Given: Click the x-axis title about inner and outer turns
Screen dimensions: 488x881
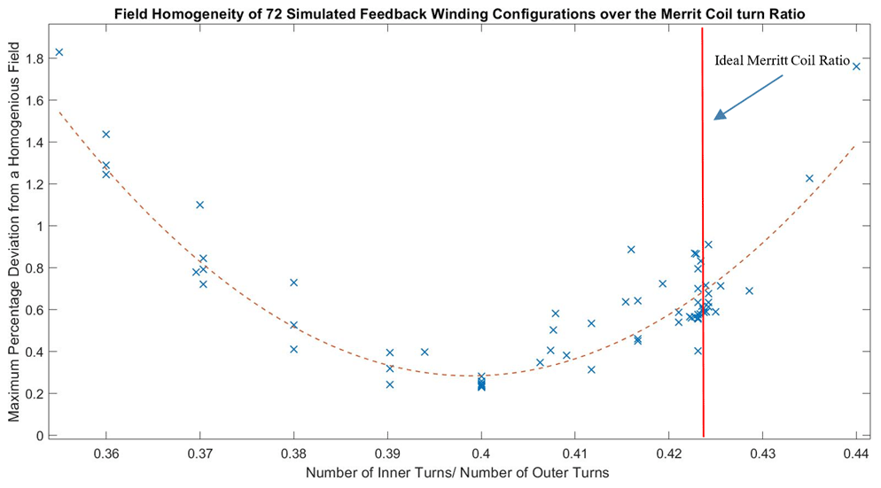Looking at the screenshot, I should coord(457,474).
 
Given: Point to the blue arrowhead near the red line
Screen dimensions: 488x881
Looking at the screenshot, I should coord(720,114).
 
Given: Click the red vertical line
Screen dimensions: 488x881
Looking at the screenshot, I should coord(703,266).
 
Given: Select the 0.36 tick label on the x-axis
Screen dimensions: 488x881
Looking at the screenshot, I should coord(106,453).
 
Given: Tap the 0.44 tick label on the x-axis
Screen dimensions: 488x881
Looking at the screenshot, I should coord(856,453).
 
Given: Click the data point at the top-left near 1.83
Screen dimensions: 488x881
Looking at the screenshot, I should coord(59,52).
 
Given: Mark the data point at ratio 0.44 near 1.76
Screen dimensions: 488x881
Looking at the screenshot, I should coord(856,66).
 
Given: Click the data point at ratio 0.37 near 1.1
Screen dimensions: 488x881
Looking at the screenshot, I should coord(199,205).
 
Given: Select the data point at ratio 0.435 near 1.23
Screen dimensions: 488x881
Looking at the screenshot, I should coord(809,178).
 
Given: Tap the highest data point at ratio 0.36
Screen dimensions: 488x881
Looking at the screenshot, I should coord(106,135).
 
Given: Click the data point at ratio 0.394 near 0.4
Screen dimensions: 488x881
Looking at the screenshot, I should coord(425,352).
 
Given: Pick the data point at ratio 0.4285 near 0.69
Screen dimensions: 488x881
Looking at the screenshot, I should coord(749,290).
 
